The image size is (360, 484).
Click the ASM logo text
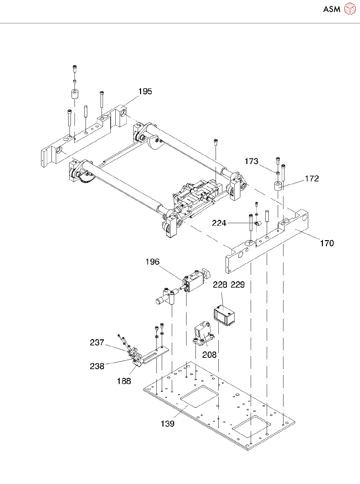coord(332,9)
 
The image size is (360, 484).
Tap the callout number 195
coord(145,92)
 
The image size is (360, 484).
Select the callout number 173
coord(251,161)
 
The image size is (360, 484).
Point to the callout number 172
coord(312,179)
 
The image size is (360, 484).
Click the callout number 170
coord(327,243)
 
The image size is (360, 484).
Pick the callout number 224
coord(219,223)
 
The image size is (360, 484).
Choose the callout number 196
coord(152,262)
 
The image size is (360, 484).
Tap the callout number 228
coord(220,285)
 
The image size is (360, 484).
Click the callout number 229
coord(238,285)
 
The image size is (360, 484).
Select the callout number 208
coord(209,355)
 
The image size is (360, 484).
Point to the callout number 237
coord(97,343)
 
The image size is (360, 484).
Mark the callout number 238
coord(97,366)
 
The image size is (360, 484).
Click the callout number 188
coord(124,381)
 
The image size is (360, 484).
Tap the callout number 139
coord(167,424)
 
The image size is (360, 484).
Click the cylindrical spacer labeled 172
coord(278,186)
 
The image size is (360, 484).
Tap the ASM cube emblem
coord(350,9)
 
